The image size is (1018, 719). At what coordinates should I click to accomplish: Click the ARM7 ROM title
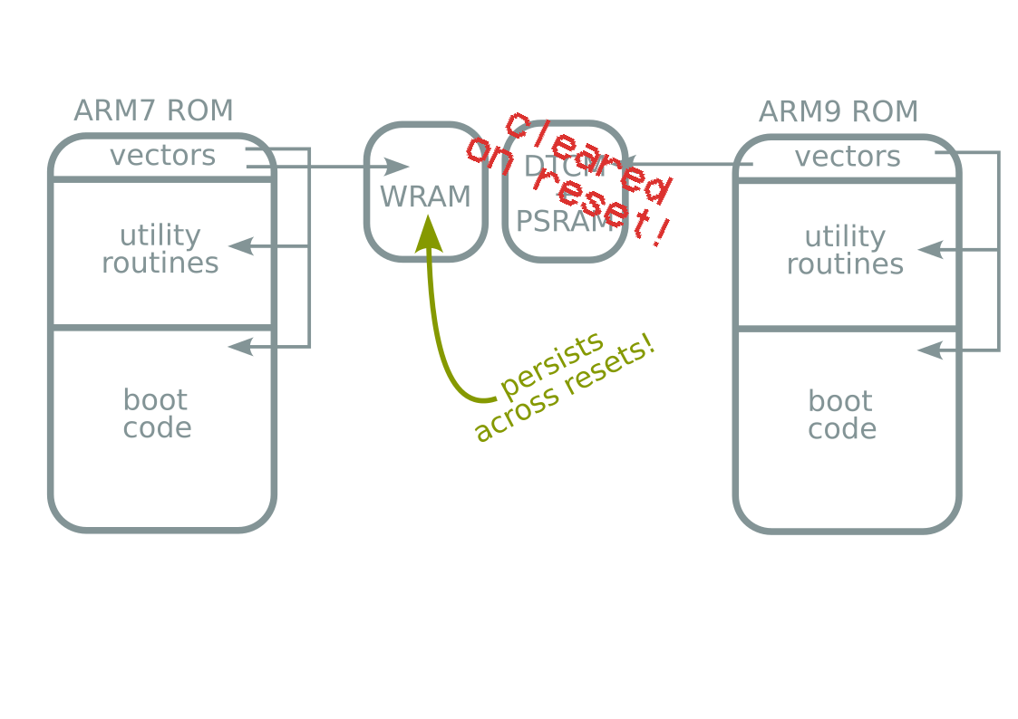pos(153,110)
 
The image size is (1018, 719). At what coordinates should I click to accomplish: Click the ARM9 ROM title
pos(838,112)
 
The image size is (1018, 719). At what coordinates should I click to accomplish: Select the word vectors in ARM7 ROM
pos(163,156)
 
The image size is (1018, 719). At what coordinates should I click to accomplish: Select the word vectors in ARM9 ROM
pos(848,157)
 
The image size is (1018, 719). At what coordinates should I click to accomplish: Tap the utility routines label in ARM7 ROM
pos(160,249)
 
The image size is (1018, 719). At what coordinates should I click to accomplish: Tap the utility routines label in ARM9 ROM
pos(845,250)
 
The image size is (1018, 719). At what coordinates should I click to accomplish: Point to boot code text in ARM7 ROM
pos(157,414)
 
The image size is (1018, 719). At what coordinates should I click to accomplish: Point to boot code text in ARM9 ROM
pos(842,415)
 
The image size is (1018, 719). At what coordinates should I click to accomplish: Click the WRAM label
pos(425,197)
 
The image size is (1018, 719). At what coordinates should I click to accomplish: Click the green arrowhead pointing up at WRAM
pos(428,235)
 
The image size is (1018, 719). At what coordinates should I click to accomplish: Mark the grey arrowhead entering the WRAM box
pos(397,167)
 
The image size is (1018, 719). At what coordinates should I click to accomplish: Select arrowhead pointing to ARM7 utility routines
pos(239,245)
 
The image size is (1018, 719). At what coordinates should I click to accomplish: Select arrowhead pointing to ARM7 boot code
pos(239,346)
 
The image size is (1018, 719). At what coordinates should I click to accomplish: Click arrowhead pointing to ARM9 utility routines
pos(930,249)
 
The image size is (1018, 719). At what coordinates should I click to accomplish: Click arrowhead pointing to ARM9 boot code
pos(930,350)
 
